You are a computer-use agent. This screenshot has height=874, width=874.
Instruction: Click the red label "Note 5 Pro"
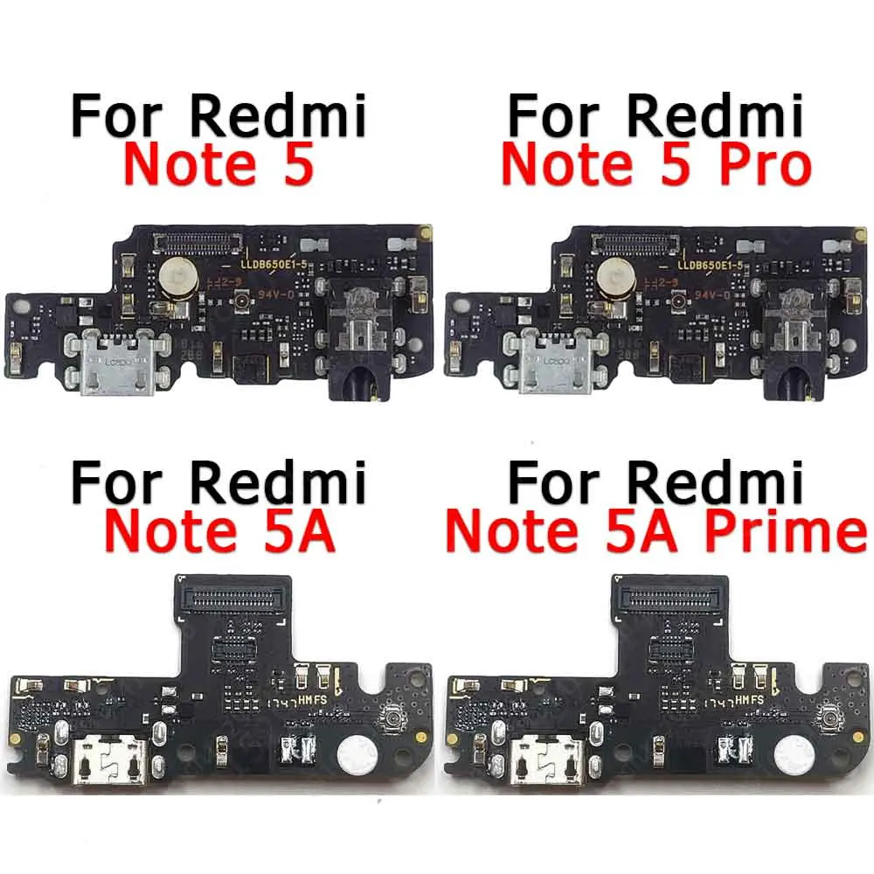pos(655,165)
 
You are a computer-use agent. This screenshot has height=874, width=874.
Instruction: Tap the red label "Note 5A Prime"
pos(655,532)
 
